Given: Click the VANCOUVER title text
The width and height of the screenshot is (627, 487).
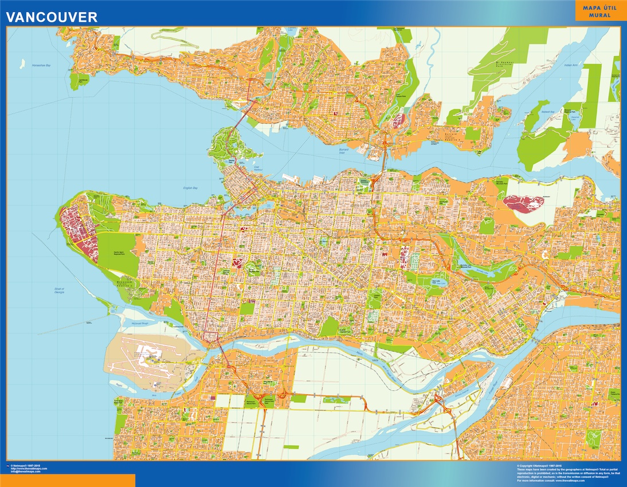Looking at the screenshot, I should click(x=52, y=17).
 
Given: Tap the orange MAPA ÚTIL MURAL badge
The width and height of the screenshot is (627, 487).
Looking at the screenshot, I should click(x=599, y=11).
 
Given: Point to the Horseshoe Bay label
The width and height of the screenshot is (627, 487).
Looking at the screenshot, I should click(x=41, y=66).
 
